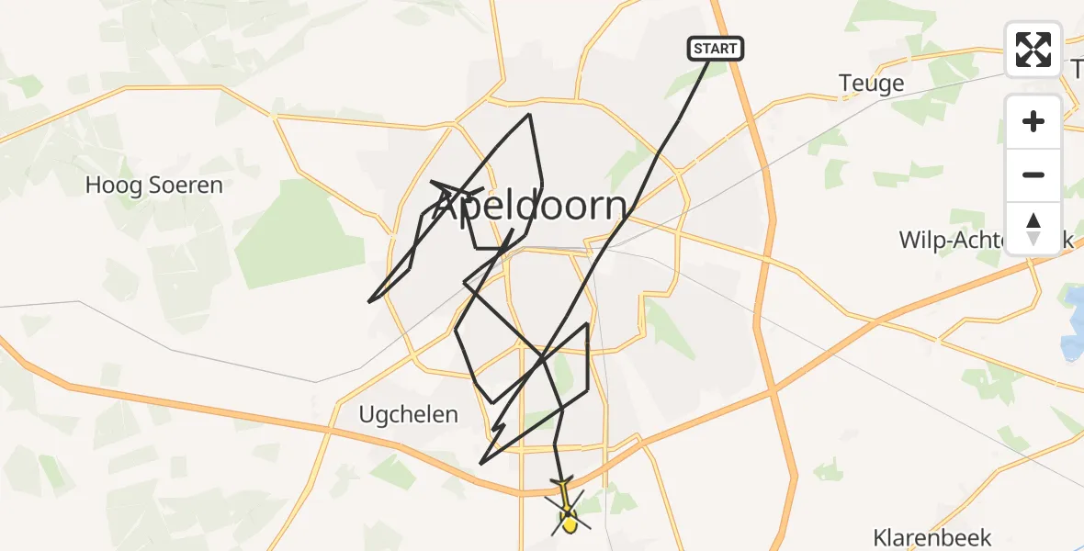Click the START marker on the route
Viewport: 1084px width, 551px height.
click(715, 49)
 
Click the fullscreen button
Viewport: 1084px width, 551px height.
click(1033, 50)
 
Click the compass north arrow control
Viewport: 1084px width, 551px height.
click(1033, 229)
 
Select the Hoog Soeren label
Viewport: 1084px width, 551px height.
click(153, 186)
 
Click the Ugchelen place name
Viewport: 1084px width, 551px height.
click(411, 414)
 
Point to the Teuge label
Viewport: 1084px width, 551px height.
click(871, 84)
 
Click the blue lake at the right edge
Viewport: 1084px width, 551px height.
click(1073, 321)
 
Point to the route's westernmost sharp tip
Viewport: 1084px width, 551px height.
click(369, 301)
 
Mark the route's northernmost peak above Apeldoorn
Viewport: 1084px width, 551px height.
click(529, 115)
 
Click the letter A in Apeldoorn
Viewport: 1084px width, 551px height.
click(446, 208)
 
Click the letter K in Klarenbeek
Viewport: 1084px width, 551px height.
click(880, 537)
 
